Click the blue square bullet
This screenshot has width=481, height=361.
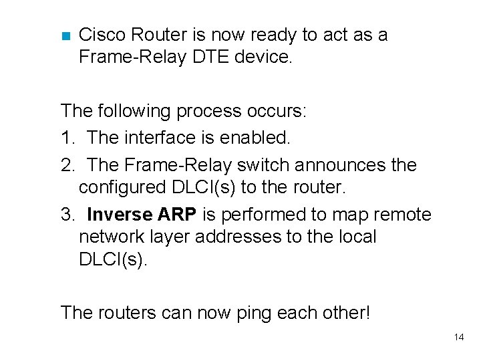point(65,35)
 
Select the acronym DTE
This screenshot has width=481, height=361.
point(210,57)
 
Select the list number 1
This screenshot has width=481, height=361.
point(66,138)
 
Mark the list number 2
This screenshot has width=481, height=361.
point(66,164)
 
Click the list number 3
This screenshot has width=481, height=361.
point(66,215)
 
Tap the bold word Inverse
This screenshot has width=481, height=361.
point(119,215)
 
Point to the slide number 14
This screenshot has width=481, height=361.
point(459,337)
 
